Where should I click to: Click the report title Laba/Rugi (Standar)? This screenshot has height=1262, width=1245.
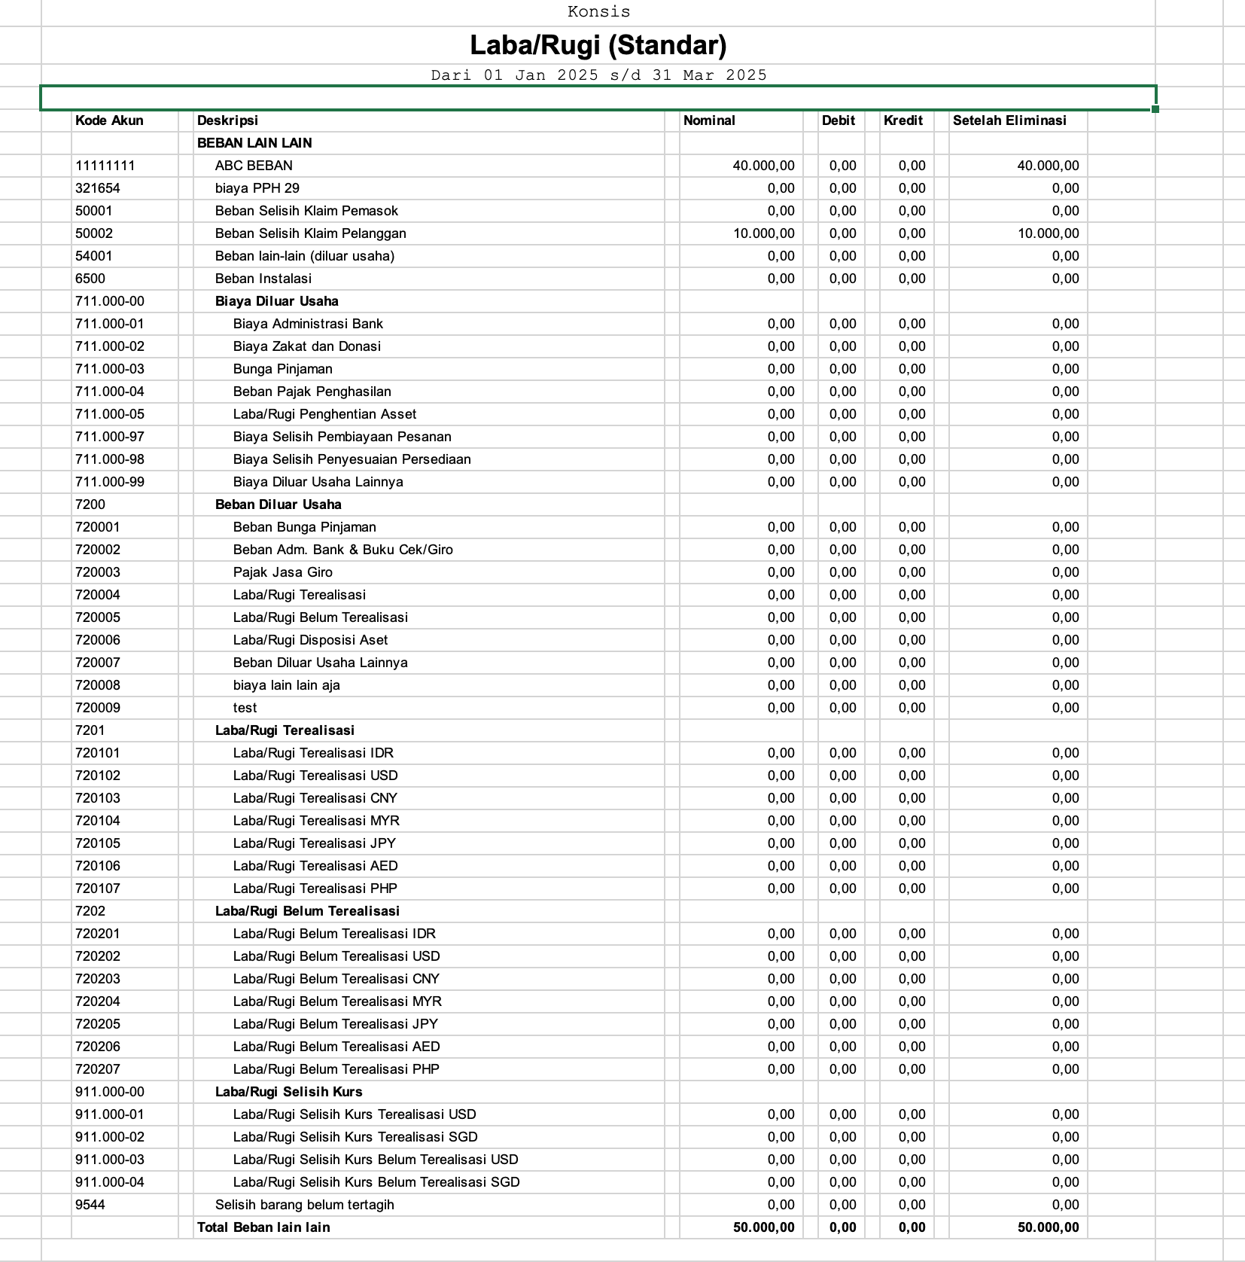pos(598,46)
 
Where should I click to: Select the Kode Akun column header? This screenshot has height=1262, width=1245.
pos(109,120)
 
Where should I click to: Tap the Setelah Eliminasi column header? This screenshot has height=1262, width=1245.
pos(1009,120)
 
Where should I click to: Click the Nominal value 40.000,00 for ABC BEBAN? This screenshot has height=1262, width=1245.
pos(763,166)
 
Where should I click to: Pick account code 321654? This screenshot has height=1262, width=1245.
pos(98,188)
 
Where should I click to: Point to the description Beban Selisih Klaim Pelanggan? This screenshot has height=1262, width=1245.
pos(310,233)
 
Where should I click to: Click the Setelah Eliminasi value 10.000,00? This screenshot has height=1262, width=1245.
pos(1048,233)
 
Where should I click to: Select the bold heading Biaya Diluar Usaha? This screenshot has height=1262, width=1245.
pos(276,301)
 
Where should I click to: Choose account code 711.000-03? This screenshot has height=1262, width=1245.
pos(110,369)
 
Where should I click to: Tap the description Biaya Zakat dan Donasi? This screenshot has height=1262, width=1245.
pos(306,346)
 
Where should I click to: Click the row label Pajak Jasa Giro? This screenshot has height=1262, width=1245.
pos(282,572)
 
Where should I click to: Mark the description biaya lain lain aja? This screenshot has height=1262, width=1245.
pos(286,685)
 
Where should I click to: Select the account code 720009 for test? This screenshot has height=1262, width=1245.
pos(98,708)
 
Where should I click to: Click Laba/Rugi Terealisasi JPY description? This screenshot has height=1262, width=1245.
pos(314,843)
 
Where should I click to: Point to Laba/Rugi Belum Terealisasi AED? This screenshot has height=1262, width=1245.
pos(336,1047)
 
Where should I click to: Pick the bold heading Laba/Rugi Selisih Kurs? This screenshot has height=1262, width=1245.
pos(288,1092)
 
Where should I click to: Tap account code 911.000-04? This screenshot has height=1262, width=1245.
pos(110,1182)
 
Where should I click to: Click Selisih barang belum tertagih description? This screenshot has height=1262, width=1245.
pos(304,1205)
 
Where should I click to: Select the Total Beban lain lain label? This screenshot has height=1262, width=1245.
pos(263,1227)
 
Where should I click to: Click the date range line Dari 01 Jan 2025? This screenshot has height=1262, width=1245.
pos(598,75)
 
